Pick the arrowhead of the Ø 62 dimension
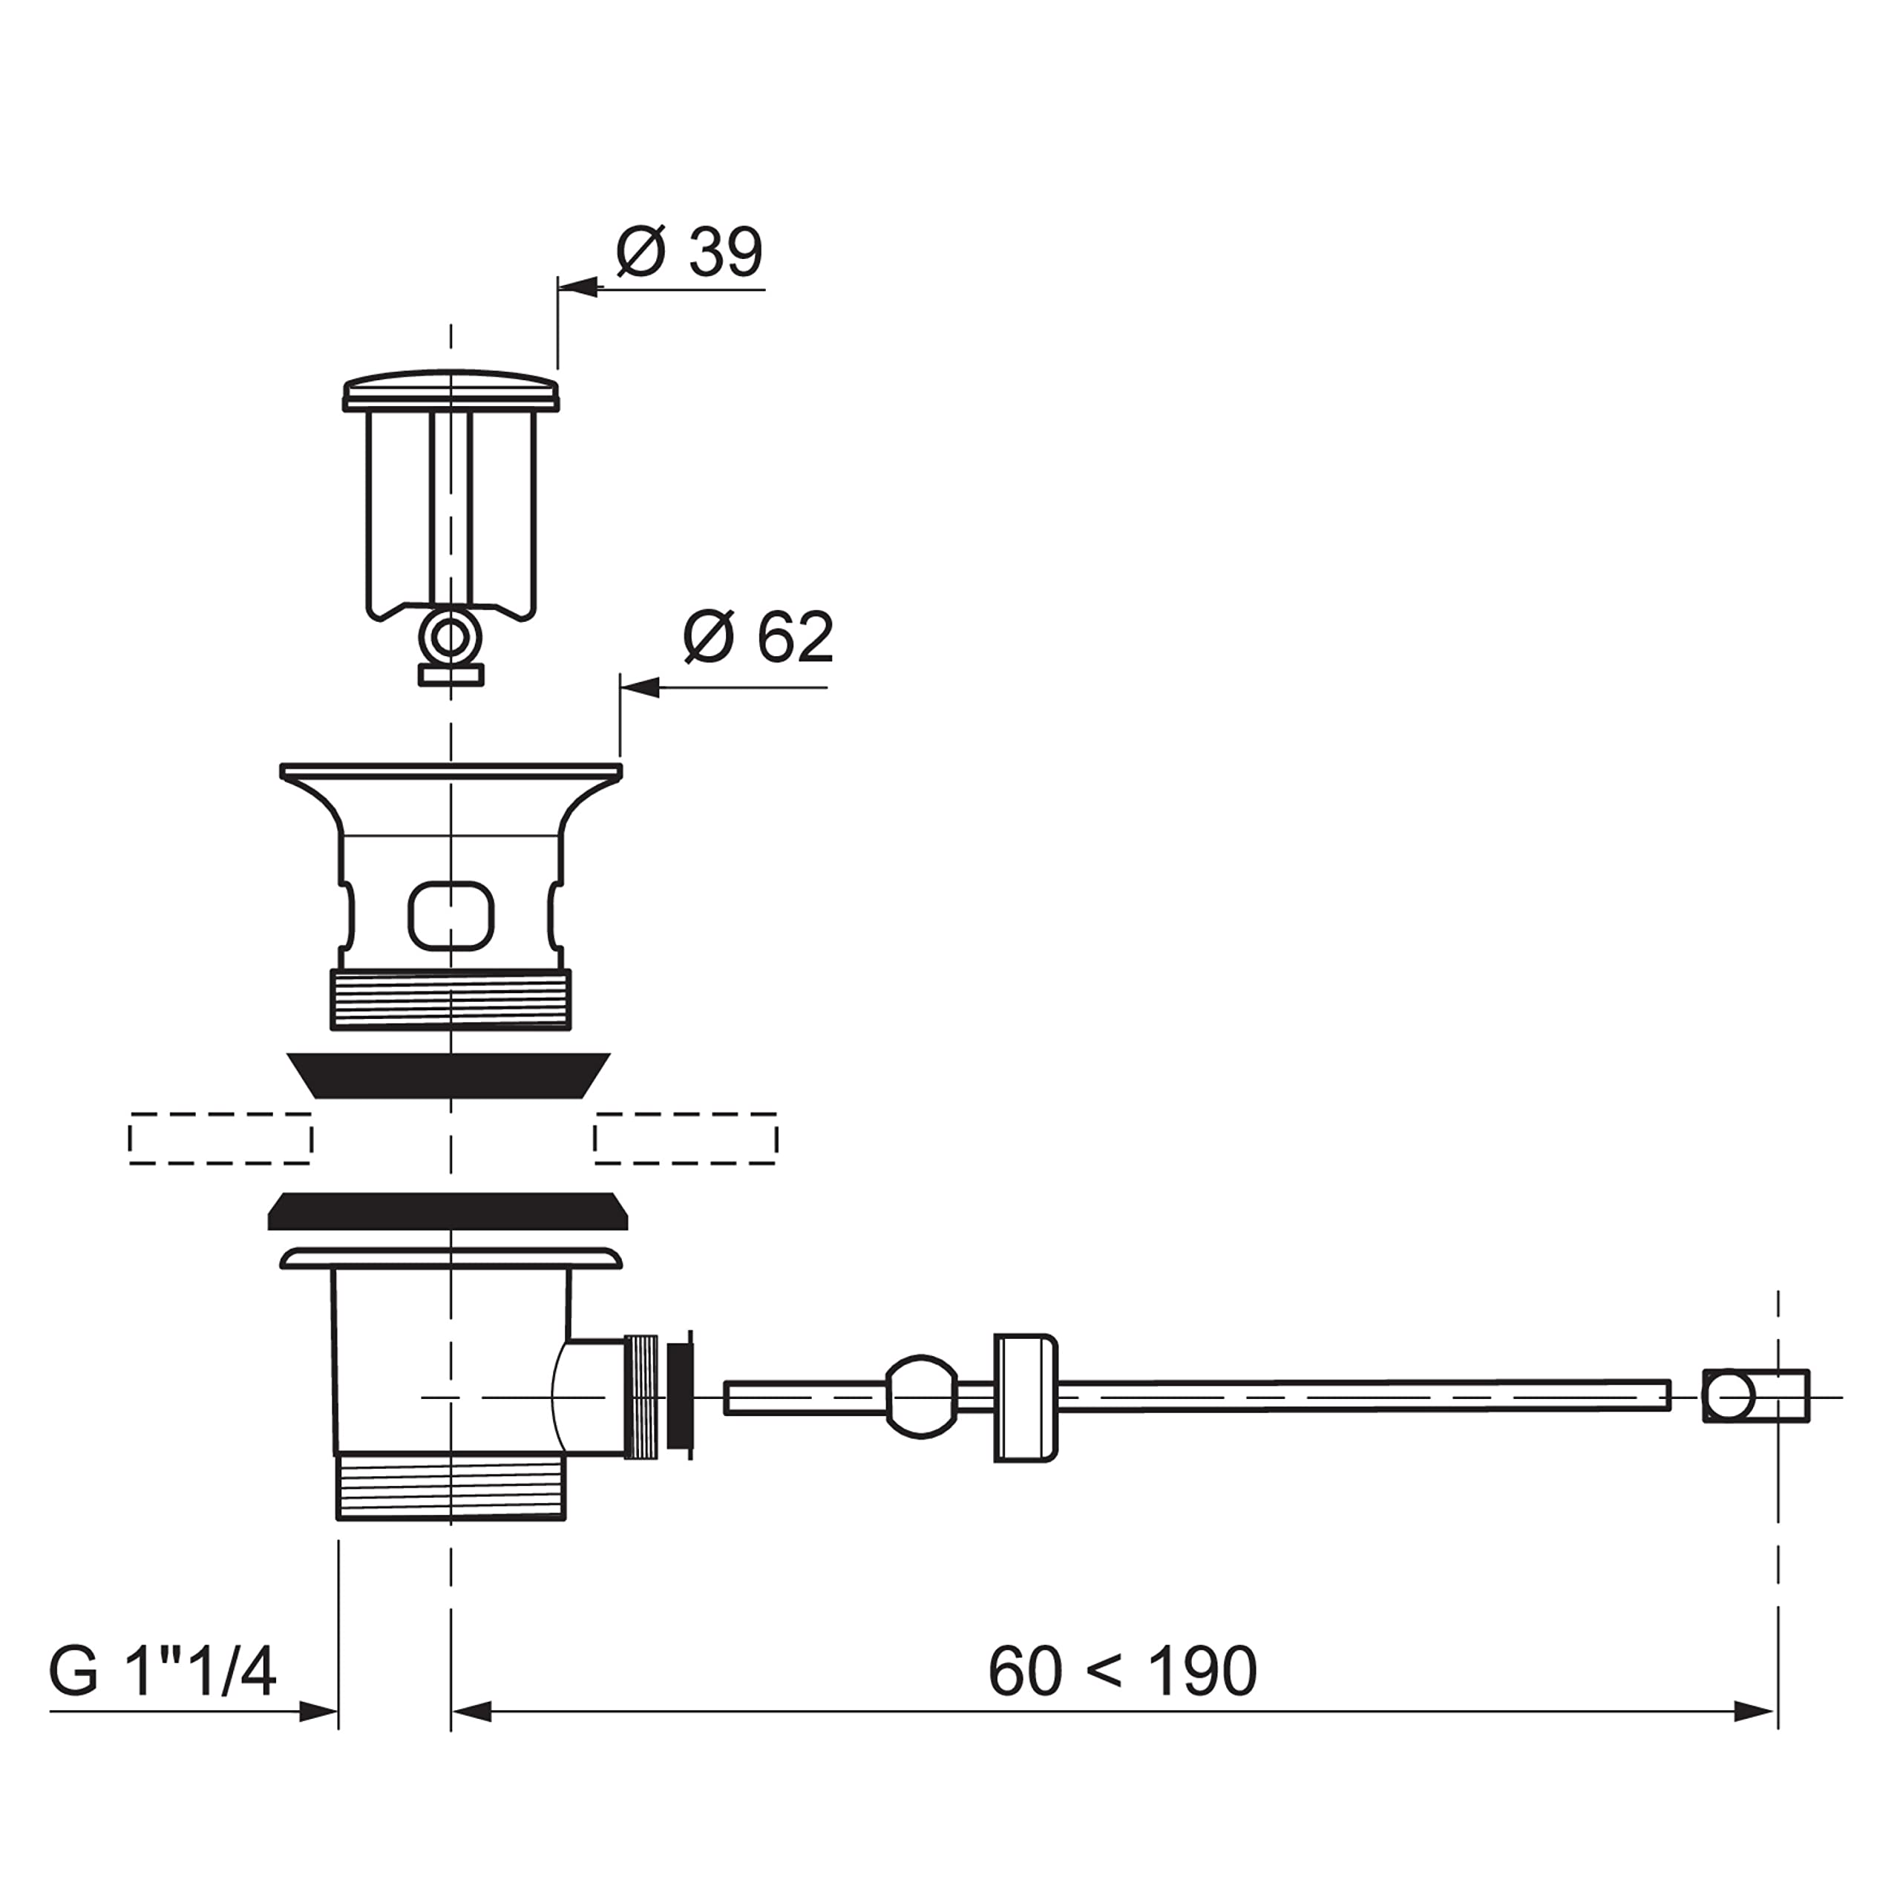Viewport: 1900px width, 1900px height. point(641,687)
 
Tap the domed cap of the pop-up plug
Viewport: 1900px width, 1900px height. point(451,390)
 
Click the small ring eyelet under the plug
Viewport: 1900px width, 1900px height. point(451,638)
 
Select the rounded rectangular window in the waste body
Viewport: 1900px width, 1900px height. point(451,916)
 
